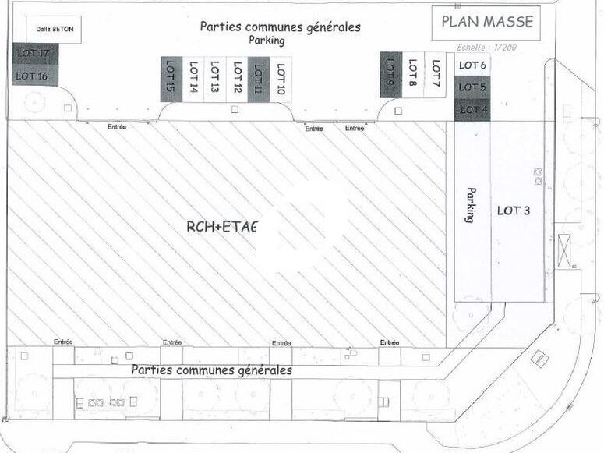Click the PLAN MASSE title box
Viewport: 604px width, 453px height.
pyautogui.click(x=487, y=23)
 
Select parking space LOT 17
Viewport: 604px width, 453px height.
pyautogui.click(x=32, y=54)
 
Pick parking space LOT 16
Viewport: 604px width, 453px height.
pyautogui.click(x=32, y=76)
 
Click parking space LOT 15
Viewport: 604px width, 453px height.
pyautogui.click(x=171, y=78)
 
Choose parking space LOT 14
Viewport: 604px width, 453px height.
pyautogui.click(x=193, y=78)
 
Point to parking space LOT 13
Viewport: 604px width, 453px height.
pyautogui.click(x=215, y=78)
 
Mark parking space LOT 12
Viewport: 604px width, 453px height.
pyautogui.click(x=237, y=78)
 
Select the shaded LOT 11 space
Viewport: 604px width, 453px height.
pyautogui.click(x=259, y=78)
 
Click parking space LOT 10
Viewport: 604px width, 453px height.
pyautogui.click(x=281, y=78)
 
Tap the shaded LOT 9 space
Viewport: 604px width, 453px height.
pyautogui.click(x=390, y=75)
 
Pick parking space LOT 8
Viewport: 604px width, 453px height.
pyautogui.click(x=413, y=75)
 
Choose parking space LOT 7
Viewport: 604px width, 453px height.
pyautogui.click(x=436, y=75)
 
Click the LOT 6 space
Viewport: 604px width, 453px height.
pyautogui.click(x=472, y=65)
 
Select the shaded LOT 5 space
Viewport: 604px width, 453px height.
pyautogui.click(x=472, y=87)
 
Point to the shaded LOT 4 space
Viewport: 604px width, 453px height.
pyautogui.click(x=472, y=110)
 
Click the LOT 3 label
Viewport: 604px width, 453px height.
pyautogui.click(x=514, y=211)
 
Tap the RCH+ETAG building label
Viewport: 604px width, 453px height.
pyautogui.click(x=221, y=227)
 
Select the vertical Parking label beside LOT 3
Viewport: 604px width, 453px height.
pyautogui.click(x=470, y=205)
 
